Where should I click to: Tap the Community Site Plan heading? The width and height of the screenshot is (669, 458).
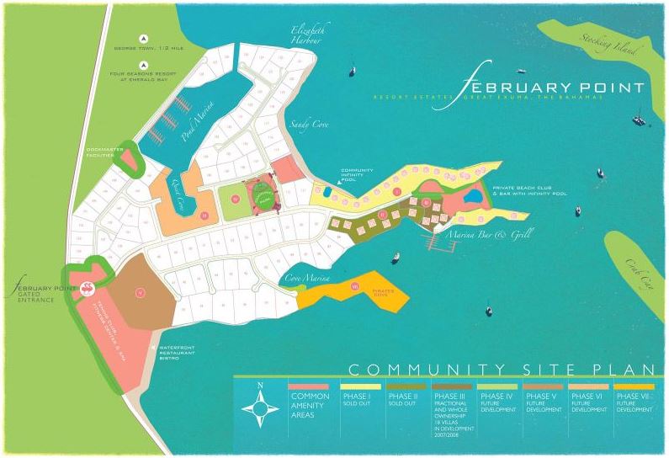(502, 369)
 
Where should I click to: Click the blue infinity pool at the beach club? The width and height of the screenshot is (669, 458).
(474, 197)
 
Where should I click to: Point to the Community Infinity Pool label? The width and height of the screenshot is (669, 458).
(357, 175)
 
